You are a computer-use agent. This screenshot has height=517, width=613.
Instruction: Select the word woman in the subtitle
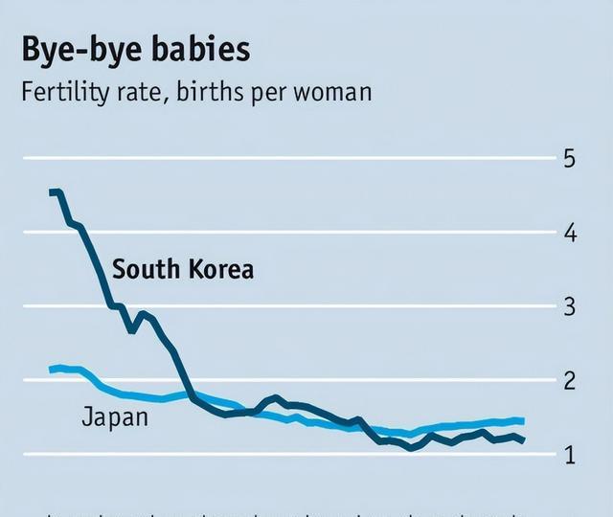330,94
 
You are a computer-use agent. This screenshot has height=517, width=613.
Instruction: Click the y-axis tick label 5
570,158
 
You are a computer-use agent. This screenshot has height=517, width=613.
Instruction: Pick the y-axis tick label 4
570,233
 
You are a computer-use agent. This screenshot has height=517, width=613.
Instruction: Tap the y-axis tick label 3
570,306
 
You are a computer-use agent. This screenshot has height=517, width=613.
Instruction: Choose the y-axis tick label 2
570,380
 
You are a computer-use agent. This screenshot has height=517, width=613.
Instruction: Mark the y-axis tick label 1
570,455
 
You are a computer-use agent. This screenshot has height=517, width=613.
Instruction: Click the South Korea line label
183,269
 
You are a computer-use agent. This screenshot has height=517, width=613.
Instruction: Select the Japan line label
115,416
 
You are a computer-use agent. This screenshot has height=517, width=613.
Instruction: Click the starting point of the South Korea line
52,192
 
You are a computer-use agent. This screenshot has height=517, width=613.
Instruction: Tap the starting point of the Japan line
52,370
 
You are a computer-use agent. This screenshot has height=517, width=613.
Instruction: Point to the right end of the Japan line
522,420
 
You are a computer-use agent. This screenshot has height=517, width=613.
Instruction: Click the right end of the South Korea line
523,440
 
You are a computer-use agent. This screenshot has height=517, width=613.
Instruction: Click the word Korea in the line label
221,269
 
